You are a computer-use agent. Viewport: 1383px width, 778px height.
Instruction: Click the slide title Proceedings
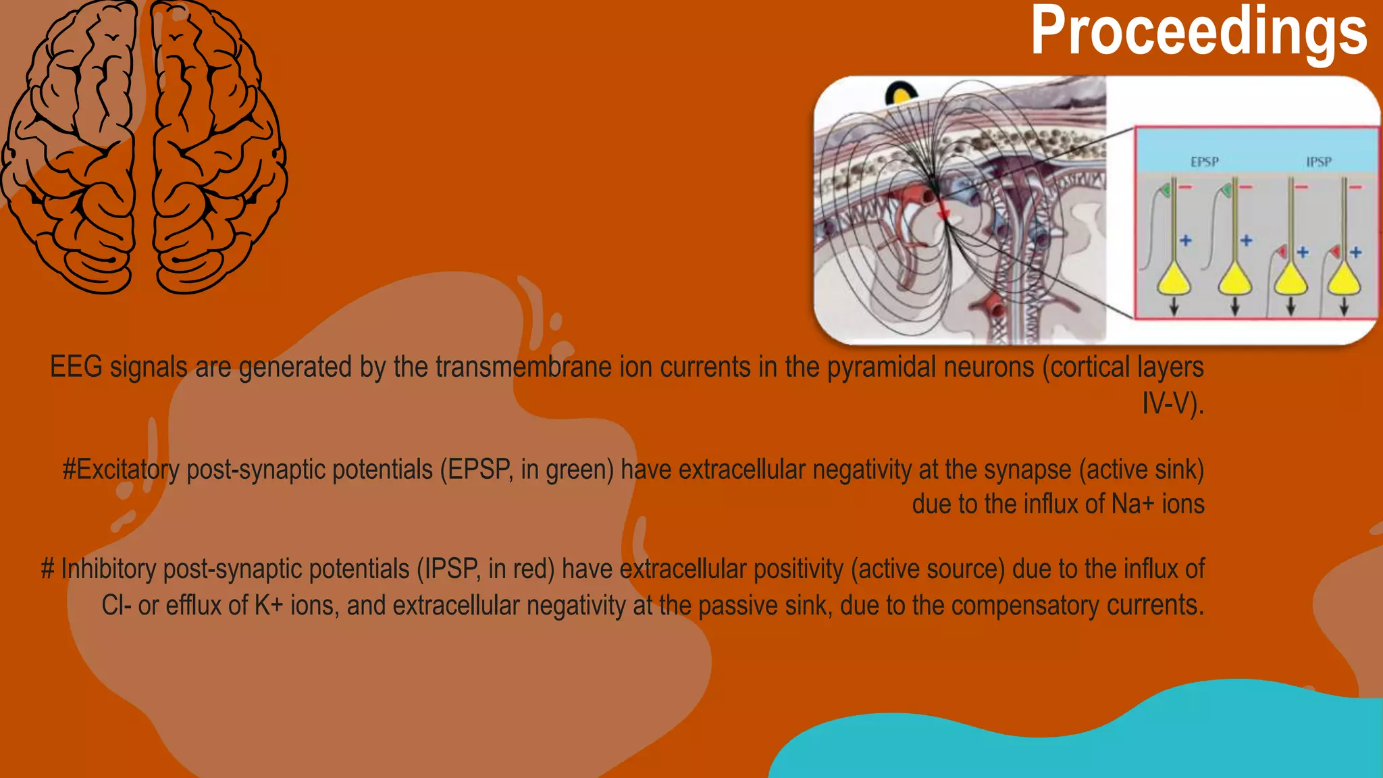pyautogui.click(x=1199, y=31)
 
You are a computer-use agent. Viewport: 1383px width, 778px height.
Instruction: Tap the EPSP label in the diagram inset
pyautogui.click(x=1204, y=162)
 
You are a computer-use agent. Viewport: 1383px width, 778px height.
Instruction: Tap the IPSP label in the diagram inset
pyautogui.click(x=1318, y=162)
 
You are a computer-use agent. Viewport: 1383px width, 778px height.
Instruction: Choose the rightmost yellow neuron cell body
pyautogui.click(x=1344, y=278)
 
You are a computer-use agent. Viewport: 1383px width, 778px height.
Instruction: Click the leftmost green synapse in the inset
pyautogui.click(x=1165, y=191)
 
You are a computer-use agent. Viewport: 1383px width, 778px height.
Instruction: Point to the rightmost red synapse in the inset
pyautogui.click(x=1334, y=253)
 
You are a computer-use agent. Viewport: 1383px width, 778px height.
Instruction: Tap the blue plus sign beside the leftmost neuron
pyautogui.click(x=1186, y=240)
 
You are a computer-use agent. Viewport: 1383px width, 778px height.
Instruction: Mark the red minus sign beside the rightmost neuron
pyautogui.click(x=1355, y=187)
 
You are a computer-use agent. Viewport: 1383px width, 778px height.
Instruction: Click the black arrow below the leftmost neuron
pyautogui.click(x=1174, y=307)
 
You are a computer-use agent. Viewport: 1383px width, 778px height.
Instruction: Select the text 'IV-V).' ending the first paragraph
pyautogui.click(x=1172, y=404)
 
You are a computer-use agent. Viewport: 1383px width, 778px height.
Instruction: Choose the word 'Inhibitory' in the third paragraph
pyautogui.click(x=108, y=569)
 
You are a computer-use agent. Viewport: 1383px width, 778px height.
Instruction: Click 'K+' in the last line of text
pyautogui.click(x=268, y=606)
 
